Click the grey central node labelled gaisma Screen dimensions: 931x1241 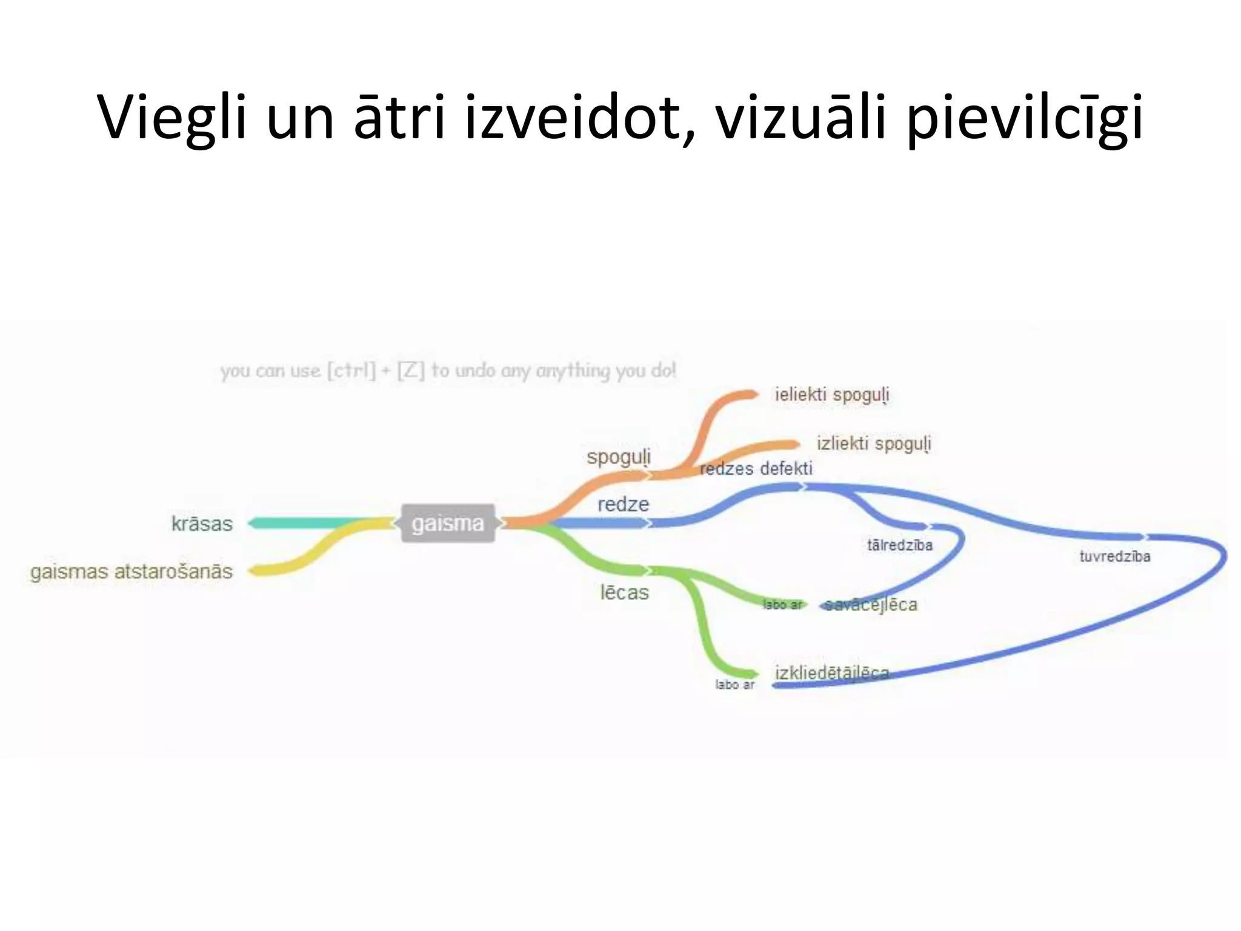pyautogui.click(x=448, y=523)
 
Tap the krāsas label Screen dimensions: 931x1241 pyautogui.click(x=202, y=524)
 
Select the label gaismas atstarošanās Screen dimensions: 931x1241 pyautogui.click(x=131, y=572)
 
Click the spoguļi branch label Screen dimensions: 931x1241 pyautogui.click(x=618, y=456)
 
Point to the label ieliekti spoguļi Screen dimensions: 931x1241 pyautogui.click(x=832, y=395)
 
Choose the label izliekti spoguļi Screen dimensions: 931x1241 pyautogui.click(x=874, y=444)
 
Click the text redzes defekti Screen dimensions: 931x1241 pyautogui.click(x=756, y=469)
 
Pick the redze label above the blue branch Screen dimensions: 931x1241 pyautogui.click(x=623, y=504)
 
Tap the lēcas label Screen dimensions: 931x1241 pyautogui.click(x=624, y=592)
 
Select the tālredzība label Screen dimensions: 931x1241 pyautogui.click(x=899, y=546)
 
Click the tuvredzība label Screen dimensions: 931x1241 pyautogui.click(x=1114, y=556)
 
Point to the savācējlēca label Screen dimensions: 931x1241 pyautogui.click(x=871, y=605)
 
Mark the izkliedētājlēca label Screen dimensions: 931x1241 pyautogui.click(x=832, y=673)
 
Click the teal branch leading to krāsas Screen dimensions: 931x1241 pyautogui.click(x=309, y=523)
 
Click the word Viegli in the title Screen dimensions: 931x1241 pyautogui.click(x=172, y=118)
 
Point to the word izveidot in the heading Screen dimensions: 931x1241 pyautogui.click(x=573, y=118)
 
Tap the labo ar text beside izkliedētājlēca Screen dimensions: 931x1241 pyautogui.click(x=734, y=685)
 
